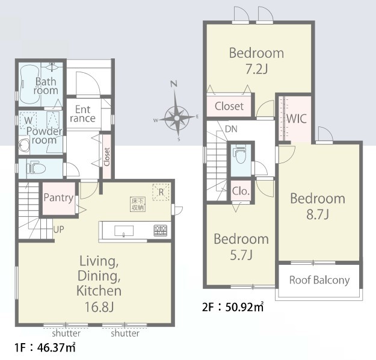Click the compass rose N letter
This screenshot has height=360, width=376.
point(174,84)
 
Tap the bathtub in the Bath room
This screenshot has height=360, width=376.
point(29,84)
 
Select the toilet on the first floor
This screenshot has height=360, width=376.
point(36,168)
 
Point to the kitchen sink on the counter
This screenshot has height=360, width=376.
point(124,231)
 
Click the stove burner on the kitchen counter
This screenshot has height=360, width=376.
point(160,231)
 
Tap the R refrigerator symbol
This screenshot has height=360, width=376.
point(161,192)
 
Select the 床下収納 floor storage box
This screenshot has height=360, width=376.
point(138,204)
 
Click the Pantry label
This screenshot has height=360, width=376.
point(58,198)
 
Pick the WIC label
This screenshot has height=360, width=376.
point(297,119)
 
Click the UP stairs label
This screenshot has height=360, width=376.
point(59,230)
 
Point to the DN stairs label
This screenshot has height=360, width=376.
point(231,129)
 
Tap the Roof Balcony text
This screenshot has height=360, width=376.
point(319,281)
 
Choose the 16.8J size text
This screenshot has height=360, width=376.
point(99,306)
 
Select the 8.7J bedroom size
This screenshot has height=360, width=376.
point(318,214)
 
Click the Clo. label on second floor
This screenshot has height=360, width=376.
point(241,191)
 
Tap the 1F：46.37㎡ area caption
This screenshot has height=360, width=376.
point(45,347)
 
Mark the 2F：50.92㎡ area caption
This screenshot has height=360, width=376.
point(233,306)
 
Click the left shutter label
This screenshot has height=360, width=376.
point(66,333)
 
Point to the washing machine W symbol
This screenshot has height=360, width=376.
point(28,120)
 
